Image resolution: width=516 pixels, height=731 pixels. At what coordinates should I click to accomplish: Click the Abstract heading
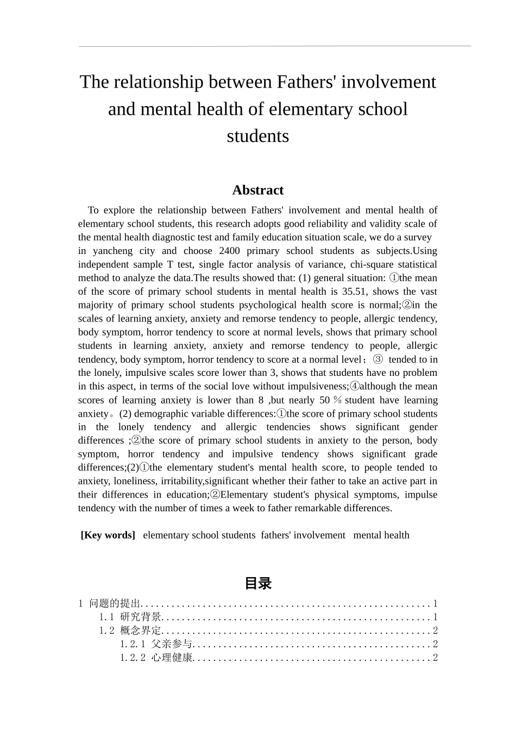pos(257,190)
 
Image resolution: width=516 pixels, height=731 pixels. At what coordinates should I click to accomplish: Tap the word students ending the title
pos(257,136)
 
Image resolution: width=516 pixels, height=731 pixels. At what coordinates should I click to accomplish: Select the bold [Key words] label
pos(108,535)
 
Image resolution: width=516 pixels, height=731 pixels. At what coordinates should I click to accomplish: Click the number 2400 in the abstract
pos(229,251)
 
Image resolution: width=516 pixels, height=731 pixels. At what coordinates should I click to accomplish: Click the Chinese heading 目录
pos(257,584)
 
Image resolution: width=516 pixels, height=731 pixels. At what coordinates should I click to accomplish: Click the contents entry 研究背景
pos(141,617)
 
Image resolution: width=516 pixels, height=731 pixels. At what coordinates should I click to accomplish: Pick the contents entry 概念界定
pos(141,631)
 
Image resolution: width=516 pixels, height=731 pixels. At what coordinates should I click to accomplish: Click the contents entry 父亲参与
pos(172,645)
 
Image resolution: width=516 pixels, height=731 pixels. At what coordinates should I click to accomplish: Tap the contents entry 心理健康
pos(172,658)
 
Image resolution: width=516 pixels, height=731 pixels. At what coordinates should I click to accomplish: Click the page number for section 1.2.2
pos(435,658)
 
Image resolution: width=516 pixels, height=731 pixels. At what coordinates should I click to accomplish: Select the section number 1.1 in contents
pos(106,617)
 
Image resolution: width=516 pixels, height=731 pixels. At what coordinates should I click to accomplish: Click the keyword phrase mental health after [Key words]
pos(381,535)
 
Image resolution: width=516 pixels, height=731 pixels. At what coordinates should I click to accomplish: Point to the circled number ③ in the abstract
pos(378,360)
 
